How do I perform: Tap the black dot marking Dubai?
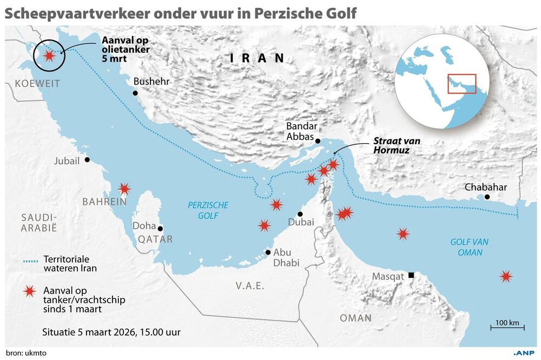[x=300, y=214]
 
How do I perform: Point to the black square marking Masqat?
[x=411, y=276]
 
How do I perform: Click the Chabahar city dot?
[x=487, y=197]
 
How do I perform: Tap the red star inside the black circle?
[x=49, y=56]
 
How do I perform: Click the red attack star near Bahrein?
[x=124, y=189]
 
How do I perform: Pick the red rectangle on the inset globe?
[x=461, y=84]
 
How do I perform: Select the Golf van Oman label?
[x=466, y=248]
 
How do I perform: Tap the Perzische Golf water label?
[x=208, y=210]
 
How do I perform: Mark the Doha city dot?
[x=160, y=229]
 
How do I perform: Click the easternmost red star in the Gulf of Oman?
[x=506, y=277]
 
